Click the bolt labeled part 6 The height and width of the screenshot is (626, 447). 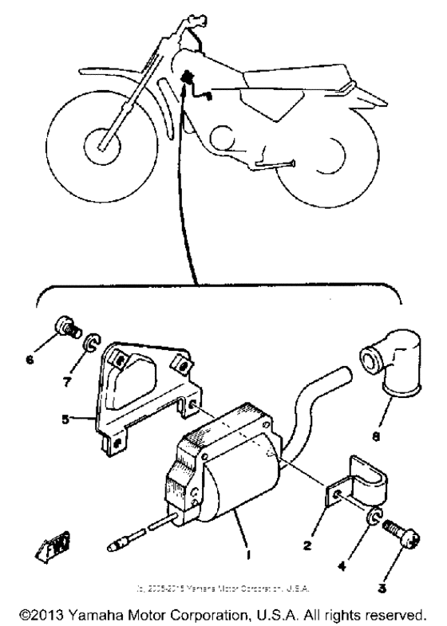pos(67,328)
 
